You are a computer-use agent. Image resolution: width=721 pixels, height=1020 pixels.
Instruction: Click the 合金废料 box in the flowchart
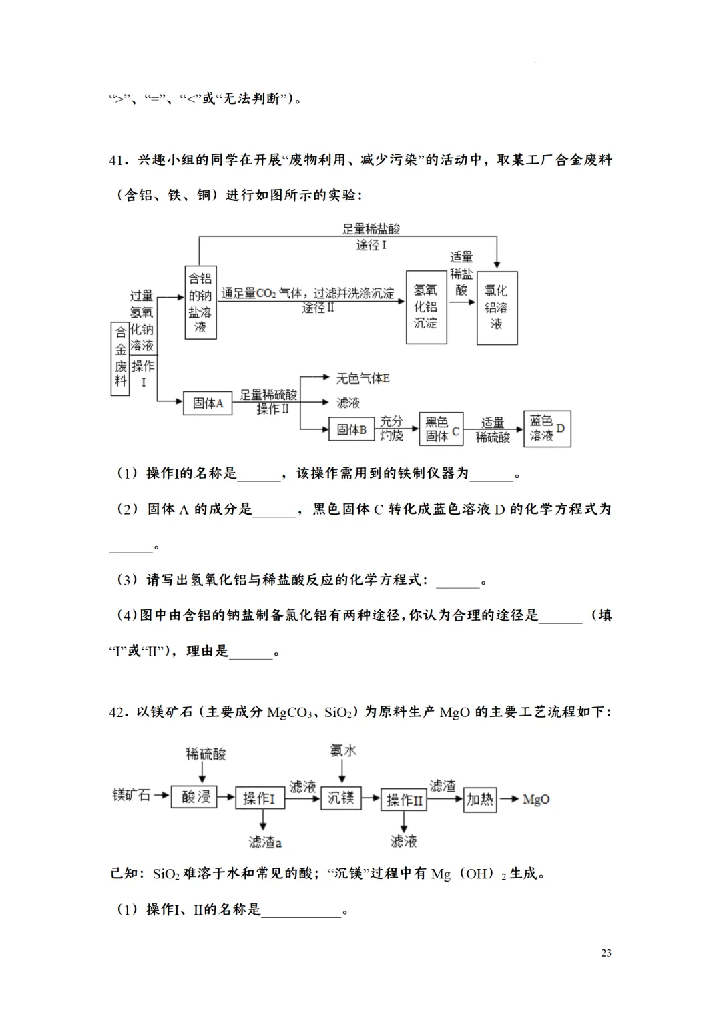(x=120, y=358)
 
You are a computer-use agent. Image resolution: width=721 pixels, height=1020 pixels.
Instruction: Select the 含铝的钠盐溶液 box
(x=200, y=302)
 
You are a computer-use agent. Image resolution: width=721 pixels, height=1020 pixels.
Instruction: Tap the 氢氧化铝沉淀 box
(x=426, y=307)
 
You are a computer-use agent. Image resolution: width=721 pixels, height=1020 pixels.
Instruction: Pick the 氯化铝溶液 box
(x=497, y=308)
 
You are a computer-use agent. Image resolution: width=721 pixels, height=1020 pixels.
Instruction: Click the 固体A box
(x=208, y=403)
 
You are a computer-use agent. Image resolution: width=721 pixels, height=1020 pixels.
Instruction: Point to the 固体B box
(x=352, y=429)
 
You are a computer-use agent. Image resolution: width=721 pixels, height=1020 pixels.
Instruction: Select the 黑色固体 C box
(x=441, y=429)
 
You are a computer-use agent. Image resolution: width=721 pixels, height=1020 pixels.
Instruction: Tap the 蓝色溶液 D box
(x=547, y=428)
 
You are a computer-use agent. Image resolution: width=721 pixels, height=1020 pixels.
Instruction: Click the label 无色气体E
(x=363, y=378)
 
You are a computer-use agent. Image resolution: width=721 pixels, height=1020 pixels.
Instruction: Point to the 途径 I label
(x=371, y=246)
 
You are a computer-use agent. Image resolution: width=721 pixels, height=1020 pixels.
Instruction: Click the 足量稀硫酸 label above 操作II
(x=268, y=395)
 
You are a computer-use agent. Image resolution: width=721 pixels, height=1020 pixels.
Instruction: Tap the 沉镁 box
(x=340, y=797)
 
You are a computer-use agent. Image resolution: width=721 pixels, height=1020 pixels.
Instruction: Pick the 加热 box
(x=479, y=799)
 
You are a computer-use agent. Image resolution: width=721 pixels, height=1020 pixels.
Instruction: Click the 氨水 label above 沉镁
(x=343, y=750)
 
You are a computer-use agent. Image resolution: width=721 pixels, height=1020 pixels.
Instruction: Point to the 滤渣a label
(x=265, y=842)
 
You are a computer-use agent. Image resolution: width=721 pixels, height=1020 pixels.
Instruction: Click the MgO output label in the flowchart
(x=536, y=799)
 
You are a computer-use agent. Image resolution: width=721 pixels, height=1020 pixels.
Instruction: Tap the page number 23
(x=606, y=953)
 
